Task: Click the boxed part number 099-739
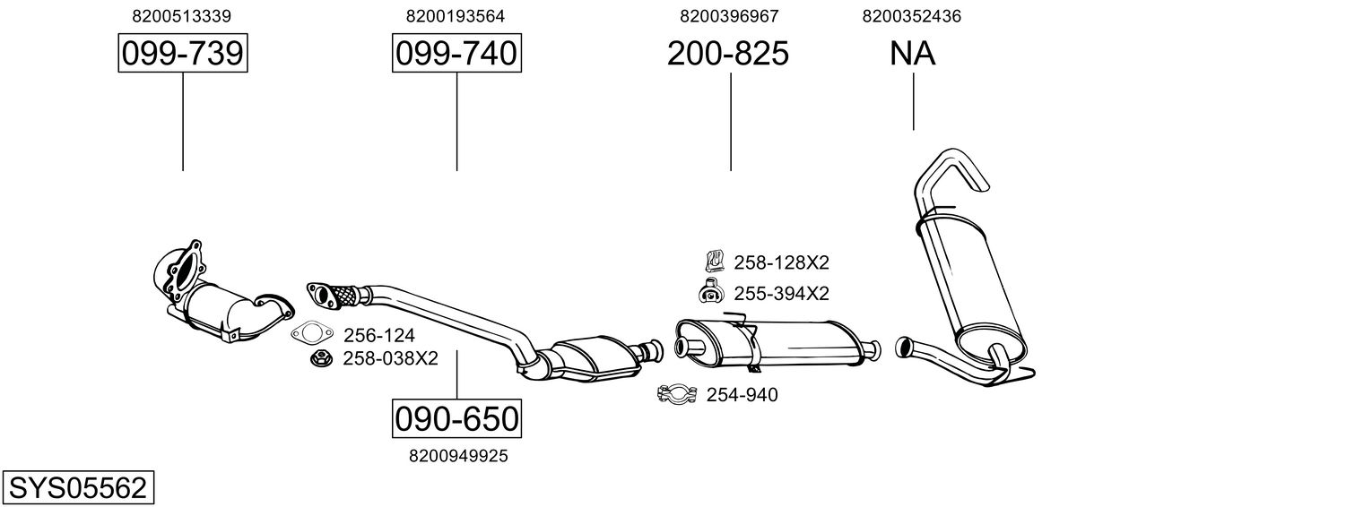coord(182,54)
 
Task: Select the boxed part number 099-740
coord(456,54)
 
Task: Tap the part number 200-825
coord(727,54)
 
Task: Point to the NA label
coord(913,54)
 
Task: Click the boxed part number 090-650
coord(456,418)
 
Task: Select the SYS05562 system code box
coord(77,488)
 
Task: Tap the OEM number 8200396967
coord(729,16)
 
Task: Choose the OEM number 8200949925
coord(458,456)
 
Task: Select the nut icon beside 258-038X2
coord(320,358)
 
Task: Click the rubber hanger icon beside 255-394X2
coord(711,291)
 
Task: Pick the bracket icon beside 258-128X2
coord(714,262)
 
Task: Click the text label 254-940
coord(742,395)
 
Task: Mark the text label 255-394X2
coord(781,293)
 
